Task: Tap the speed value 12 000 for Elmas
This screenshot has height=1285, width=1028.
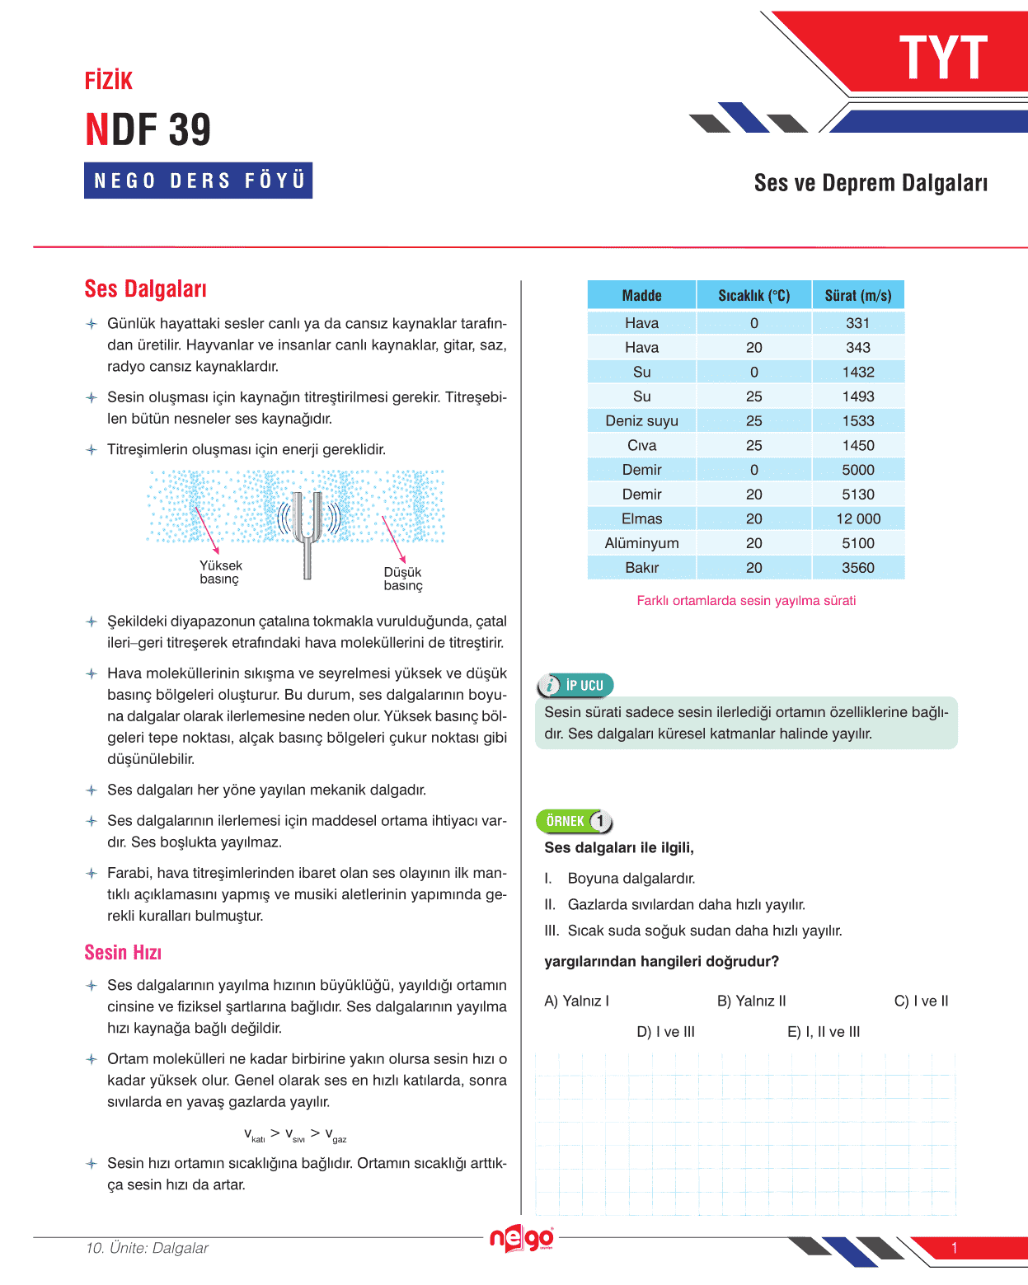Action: click(858, 518)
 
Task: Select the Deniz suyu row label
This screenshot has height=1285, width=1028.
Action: click(641, 420)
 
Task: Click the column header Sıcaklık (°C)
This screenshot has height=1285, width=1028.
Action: click(753, 295)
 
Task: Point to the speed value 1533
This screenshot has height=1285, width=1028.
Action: click(858, 420)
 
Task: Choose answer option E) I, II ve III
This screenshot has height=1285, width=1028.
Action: click(824, 1031)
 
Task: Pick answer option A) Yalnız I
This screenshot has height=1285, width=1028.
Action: click(576, 1001)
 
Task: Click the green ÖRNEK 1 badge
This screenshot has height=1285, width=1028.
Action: click(575, 821)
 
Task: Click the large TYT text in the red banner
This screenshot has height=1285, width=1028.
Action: click(943, 58)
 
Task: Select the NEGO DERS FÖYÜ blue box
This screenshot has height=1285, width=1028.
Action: click(199, 181)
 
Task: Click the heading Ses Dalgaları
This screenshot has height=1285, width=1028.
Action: click(145, 288)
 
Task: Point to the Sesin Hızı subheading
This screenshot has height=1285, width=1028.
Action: click(123, 952)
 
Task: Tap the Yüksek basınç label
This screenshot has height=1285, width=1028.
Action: click(220, 572)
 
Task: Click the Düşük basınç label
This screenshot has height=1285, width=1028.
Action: click(403, 579)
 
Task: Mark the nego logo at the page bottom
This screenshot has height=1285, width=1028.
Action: click(522, 1238)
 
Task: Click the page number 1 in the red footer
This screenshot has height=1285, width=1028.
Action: click(954, 1248)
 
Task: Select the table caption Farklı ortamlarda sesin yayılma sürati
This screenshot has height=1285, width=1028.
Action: click(746, 600)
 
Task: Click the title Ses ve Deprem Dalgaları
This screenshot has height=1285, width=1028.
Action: click(871, 183)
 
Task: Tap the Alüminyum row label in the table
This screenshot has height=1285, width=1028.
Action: click(641, 543)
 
